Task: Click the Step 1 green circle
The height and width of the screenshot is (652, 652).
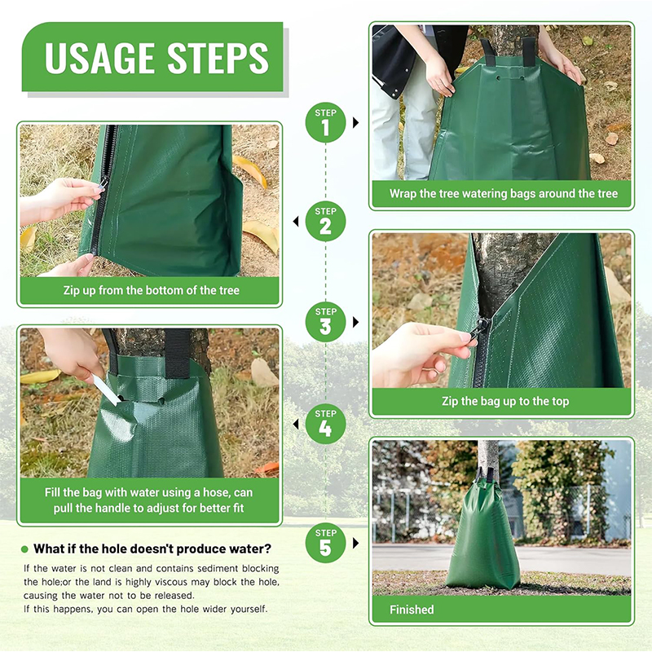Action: (x=325, y=122)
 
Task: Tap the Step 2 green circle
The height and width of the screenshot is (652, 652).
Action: (x=325, y=221)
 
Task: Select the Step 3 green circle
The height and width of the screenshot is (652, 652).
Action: (x=325, y=320)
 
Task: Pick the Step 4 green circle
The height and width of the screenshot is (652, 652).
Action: (x=325, y=423)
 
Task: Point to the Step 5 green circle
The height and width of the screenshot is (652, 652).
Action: (x=325, y=542)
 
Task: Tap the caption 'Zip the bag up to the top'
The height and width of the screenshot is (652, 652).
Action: (x=502, y=401)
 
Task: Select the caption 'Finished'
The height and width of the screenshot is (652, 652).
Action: (x=412, y=609)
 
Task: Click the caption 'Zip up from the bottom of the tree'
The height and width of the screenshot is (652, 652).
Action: (x=151, y=290)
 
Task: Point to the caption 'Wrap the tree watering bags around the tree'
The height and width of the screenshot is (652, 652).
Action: (x=502, y=194)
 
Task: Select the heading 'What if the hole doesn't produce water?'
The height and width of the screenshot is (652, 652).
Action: (x=152, y=548)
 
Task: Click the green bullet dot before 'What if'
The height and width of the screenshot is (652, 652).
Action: (x=24, y=548)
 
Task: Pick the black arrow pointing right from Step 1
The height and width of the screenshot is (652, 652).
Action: (x=356, y=122)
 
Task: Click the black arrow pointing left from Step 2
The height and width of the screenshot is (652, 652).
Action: (x=294, y=221)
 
